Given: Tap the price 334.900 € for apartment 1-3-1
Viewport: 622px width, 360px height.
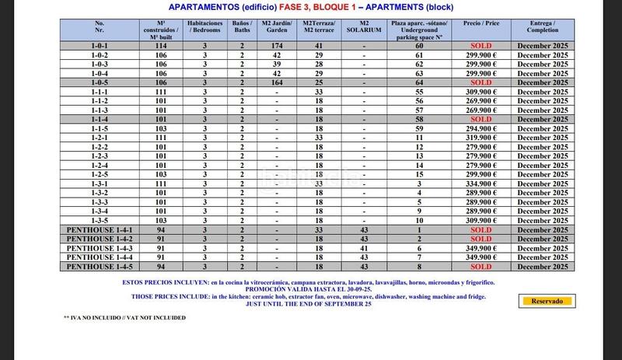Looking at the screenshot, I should (x=481, y=184).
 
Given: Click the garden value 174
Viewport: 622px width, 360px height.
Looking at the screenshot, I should (x=277, y=46).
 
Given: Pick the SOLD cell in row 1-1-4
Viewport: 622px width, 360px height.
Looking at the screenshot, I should (x=481, y=119).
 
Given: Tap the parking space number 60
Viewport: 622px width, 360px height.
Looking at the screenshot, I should (x=420, y=46).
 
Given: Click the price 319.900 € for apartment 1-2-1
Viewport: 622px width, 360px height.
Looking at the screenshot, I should (x=481, y=138).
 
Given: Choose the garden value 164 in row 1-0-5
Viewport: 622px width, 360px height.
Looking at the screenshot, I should (x=277, y=82).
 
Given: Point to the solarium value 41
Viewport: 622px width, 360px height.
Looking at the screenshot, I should (x=363, y=247).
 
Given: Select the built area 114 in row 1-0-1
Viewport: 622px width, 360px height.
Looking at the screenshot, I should (x=162, y=46).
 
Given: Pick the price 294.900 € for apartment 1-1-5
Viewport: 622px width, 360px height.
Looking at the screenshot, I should (x=481, y=128).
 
